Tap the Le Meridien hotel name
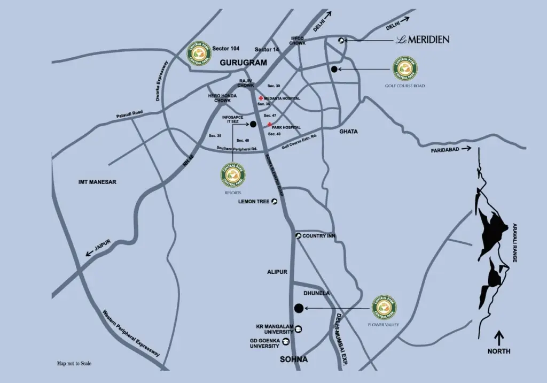coord(423,40)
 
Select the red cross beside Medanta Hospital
coord(261,98)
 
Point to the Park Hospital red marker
coord(270,125)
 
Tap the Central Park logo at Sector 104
coord(199,53)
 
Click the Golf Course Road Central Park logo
coord(405,68)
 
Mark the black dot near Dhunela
coord(299,308)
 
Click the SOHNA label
coord(294,359)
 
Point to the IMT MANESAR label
coord(97,182)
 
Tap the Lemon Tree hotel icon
coord(275,202)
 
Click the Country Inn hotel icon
coord(298,236)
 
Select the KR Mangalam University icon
coord(299,329)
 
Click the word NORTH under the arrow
coord(498,351)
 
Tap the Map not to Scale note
coord(74,364)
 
